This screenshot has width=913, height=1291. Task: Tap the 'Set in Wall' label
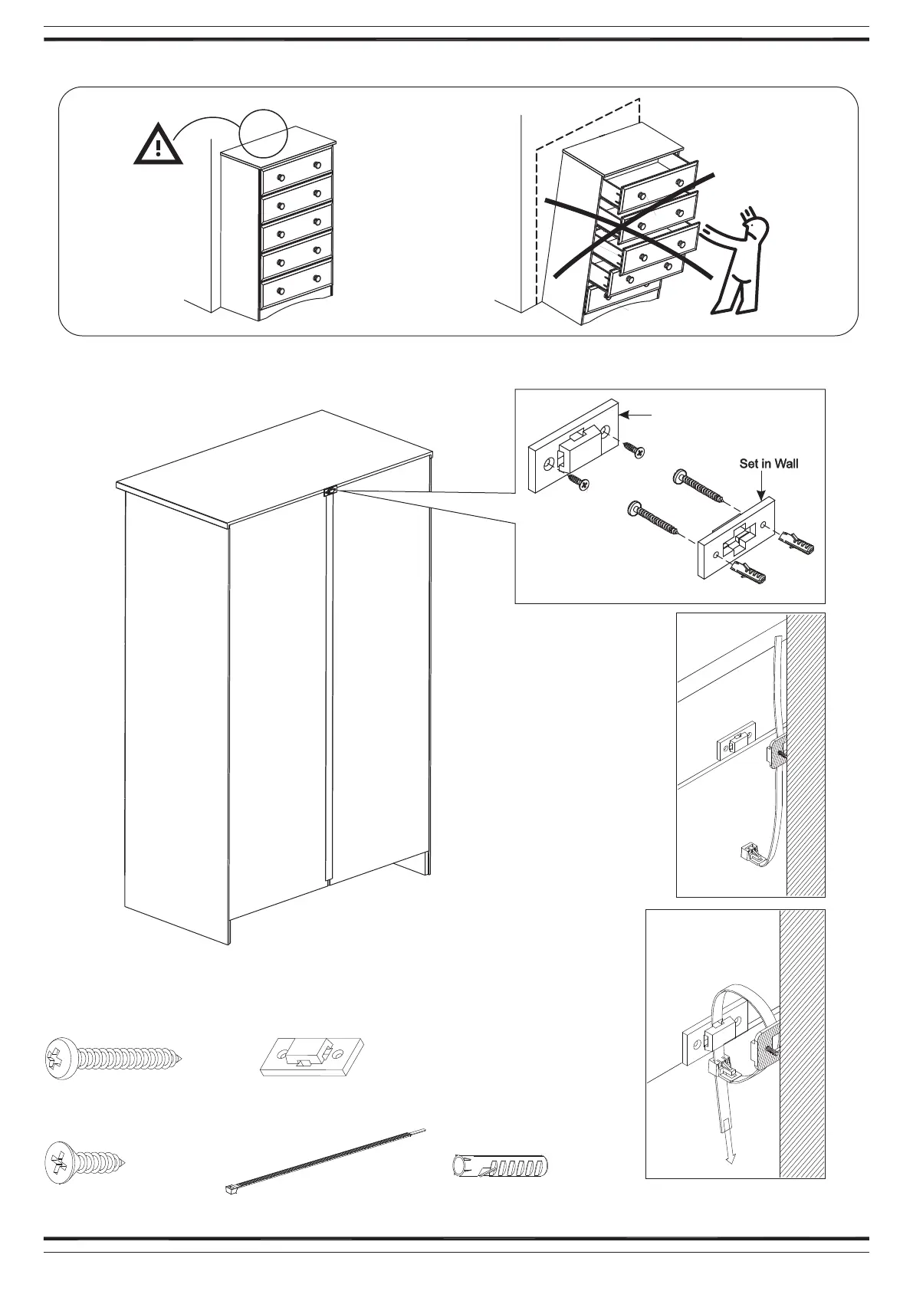pos(768,464)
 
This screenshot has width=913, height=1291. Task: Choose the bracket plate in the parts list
pos(311,1057)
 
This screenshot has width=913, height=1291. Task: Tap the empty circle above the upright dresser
pos(263,133)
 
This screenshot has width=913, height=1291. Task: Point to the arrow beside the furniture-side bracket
pos(636,415)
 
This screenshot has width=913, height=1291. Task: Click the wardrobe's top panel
pos(276,468)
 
